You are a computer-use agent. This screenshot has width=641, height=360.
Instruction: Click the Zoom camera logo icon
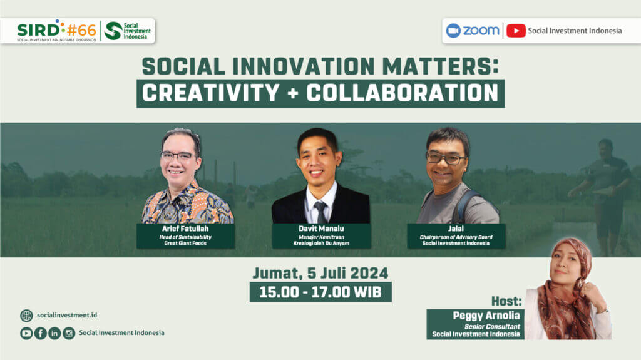[x=453, y=31]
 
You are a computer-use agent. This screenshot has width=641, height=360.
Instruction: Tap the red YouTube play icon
[x=516, y=31]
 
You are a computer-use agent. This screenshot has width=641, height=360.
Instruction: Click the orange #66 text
[x=81, y=30]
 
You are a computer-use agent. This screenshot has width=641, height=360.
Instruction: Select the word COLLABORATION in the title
[x=403, y=93]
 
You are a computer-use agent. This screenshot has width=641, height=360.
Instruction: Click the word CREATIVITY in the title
[x=211, y=93]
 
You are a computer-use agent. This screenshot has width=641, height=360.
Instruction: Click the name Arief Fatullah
[x=185, y=229]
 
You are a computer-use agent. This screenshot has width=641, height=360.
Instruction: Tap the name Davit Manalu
[x=321, y=229]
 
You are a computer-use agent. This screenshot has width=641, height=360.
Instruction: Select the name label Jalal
[x=456, y=229]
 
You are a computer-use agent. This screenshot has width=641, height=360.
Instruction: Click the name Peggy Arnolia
[x=486, y=316]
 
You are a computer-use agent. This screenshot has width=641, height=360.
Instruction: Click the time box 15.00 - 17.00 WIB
[x=320, y=292]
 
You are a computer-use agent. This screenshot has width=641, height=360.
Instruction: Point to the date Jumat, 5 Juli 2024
[x=320, y=273]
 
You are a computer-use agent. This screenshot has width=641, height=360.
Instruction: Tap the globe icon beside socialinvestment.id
[x=26, y=316]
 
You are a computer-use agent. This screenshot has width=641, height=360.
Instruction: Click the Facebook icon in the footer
[x=41, y=334]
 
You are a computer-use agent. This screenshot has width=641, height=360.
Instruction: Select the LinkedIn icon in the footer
[x=54, y=334]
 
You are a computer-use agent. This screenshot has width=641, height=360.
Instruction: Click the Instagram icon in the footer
[x=69, y=334]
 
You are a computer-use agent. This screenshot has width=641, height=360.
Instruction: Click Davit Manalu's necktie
[x=321, y=212]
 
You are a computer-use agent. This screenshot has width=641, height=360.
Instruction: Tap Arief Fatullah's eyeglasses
[x=178, y=156]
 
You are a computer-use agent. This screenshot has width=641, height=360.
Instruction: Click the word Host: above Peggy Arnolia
[x=506, y=302]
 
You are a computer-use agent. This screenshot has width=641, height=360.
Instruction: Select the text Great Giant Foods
[x=185, y=244]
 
